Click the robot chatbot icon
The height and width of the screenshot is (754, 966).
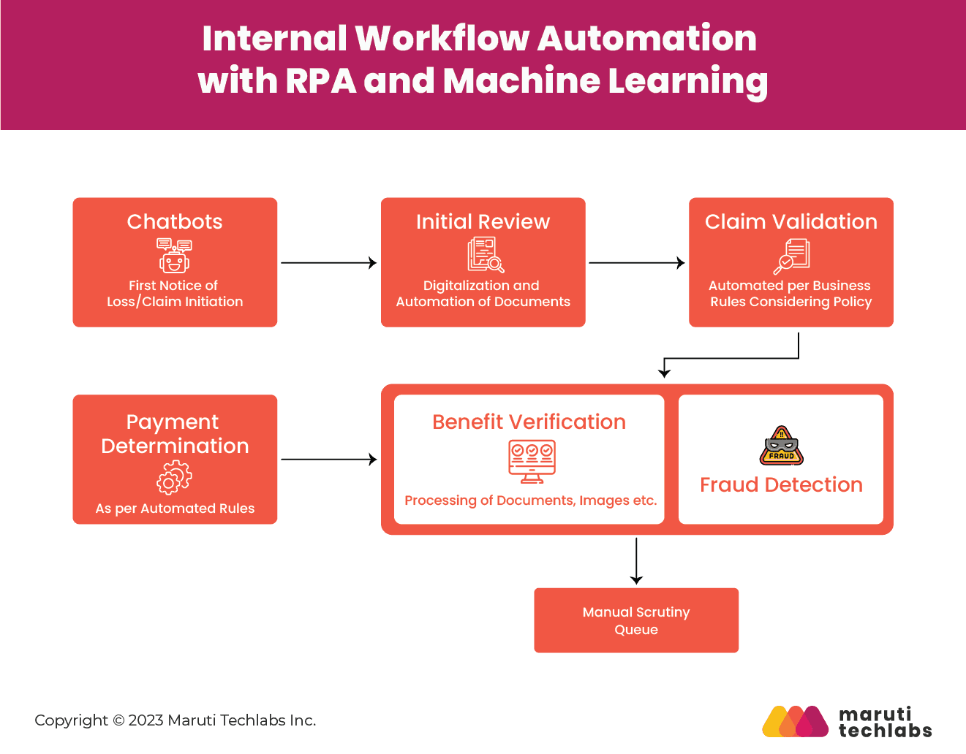tap(174, 255)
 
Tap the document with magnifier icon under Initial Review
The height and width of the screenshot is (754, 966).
tap(486, 254)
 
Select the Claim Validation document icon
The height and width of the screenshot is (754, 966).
tap(791, 256)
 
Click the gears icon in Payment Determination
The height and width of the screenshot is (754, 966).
tap(174, 477)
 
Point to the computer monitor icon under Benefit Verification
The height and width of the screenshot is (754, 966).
tap(532, 461)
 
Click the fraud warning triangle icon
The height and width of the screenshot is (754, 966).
tap(782, 446)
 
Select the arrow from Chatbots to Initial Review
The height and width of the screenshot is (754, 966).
tap(329, 263)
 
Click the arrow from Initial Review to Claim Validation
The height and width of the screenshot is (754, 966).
tap(637, 263)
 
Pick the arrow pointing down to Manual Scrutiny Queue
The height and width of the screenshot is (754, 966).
tap(636, 561)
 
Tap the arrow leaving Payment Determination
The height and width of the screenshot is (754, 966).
tap(329, 459)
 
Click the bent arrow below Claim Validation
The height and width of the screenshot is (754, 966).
tap(731, 358)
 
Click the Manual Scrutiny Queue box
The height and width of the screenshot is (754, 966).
tap(636, 620)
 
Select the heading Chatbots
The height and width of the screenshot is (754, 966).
tap(175, 221)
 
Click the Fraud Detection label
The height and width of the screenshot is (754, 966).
tap(781, 484)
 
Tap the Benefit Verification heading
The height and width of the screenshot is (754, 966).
tap(529, 422)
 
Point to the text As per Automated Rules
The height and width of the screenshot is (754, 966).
tap(175, 509)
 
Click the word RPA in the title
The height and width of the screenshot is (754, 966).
tap(321, 81)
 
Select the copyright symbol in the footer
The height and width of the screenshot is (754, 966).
tap(118, 720)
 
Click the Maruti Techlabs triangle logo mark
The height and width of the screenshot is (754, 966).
tap(796, 721)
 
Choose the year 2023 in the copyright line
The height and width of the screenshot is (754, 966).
tap(146, 720)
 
